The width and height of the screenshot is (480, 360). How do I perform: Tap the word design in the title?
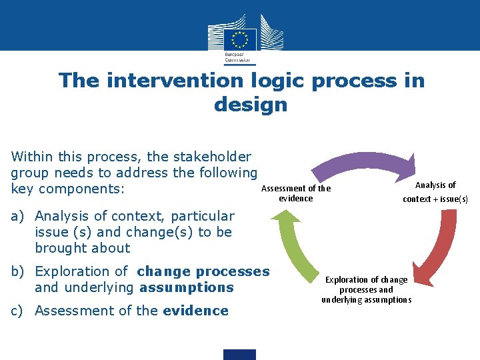point(251,105)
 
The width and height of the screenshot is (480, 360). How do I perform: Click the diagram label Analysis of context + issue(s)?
point(435,192)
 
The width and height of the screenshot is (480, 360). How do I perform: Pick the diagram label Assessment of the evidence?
point(295,193)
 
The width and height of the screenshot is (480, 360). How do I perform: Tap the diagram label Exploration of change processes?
point(366,290)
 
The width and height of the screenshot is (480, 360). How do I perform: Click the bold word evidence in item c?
point(195,311)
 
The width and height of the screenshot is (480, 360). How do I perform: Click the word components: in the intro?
point(81,189)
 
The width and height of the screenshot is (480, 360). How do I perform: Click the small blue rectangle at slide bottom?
point(240,354)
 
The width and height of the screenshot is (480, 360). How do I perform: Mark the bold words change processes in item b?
point(203,271)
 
